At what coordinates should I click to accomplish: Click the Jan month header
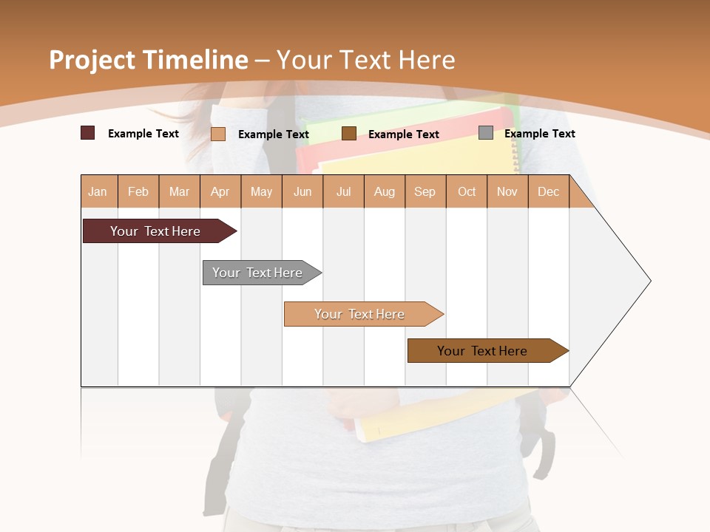point(98,191)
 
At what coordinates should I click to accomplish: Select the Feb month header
point(138,191)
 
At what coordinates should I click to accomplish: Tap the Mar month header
point(179,191)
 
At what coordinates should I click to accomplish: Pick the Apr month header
point(220,191)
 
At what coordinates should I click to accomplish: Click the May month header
point(261,191)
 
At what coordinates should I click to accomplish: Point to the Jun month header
point(302,191)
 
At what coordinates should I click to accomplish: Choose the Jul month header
point(343,191)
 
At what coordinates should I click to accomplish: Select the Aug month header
point(385,191)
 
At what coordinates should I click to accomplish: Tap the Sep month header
point(425,191)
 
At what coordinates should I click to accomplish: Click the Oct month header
point(467,191)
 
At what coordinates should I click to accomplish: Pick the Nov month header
point(507,191)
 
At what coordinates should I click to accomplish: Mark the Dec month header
point(549,191)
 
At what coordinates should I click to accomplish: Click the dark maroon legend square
point(88,133)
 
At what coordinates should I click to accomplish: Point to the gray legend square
point(486,133)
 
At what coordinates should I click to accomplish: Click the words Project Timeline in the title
point(149,60)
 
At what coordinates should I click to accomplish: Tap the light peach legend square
point(218,134)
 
